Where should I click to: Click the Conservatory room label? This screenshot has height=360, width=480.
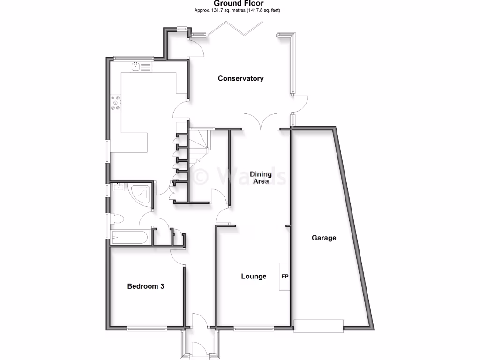[240, 79]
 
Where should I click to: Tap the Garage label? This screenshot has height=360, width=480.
[324, 238]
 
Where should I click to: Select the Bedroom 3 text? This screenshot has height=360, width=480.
[145, 286]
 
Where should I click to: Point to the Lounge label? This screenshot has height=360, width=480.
[254, 276]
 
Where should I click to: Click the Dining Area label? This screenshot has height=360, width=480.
[261, 178]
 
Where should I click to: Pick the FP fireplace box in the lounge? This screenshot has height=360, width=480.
[284, 277]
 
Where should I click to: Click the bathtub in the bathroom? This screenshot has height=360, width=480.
[130, 237]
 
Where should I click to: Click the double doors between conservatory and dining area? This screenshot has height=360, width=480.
[261, 123]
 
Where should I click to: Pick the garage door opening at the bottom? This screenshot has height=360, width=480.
[318, 326]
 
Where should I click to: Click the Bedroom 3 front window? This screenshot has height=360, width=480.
[147, 328]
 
